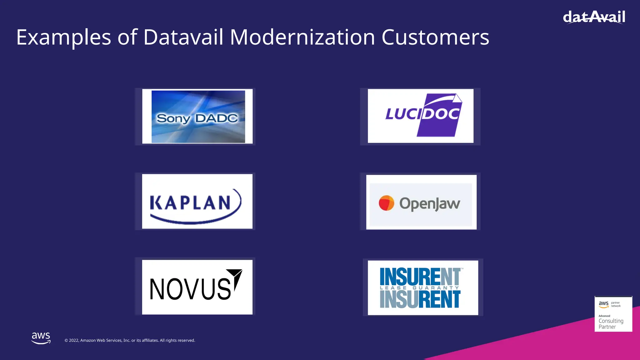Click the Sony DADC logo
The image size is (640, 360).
197,117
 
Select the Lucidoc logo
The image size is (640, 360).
421,116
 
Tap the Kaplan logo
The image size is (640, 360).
197,202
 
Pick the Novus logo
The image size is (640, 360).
197,287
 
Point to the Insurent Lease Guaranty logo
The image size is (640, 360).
422,287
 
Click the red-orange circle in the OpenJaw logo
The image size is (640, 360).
386,203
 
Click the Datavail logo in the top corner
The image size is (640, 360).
594,17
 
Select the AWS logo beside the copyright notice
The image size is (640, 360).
41,338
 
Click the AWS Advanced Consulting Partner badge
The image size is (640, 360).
613,314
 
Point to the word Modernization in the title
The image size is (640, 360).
302,37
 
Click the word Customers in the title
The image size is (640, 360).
435,37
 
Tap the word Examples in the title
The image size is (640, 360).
63,37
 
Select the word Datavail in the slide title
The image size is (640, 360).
183,37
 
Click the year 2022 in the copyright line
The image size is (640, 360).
74,340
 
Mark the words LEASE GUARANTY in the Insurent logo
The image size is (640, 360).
419,288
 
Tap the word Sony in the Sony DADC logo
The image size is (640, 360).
173,118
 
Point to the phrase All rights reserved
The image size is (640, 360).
177,340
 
